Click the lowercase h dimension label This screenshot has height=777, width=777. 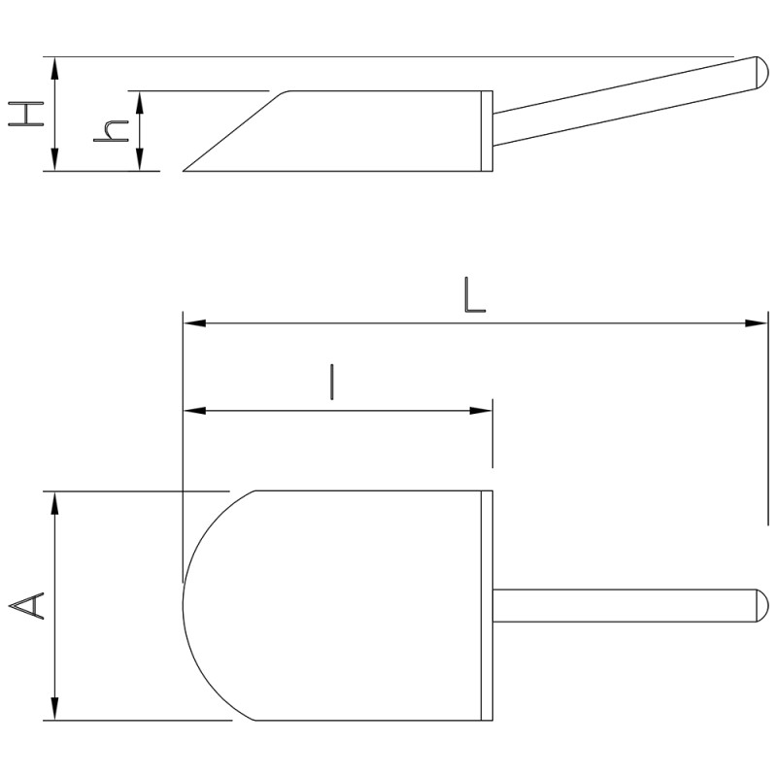point(111,131)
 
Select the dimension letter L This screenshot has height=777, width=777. point(474,295)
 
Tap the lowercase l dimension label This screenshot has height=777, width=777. point(332,382)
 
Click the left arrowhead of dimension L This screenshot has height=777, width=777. point(195,323)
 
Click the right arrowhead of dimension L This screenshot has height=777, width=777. point(757,323)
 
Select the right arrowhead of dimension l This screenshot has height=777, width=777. point(481,410)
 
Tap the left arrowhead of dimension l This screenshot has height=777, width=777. point(195,410)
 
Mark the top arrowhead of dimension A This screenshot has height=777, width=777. point(54,503)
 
